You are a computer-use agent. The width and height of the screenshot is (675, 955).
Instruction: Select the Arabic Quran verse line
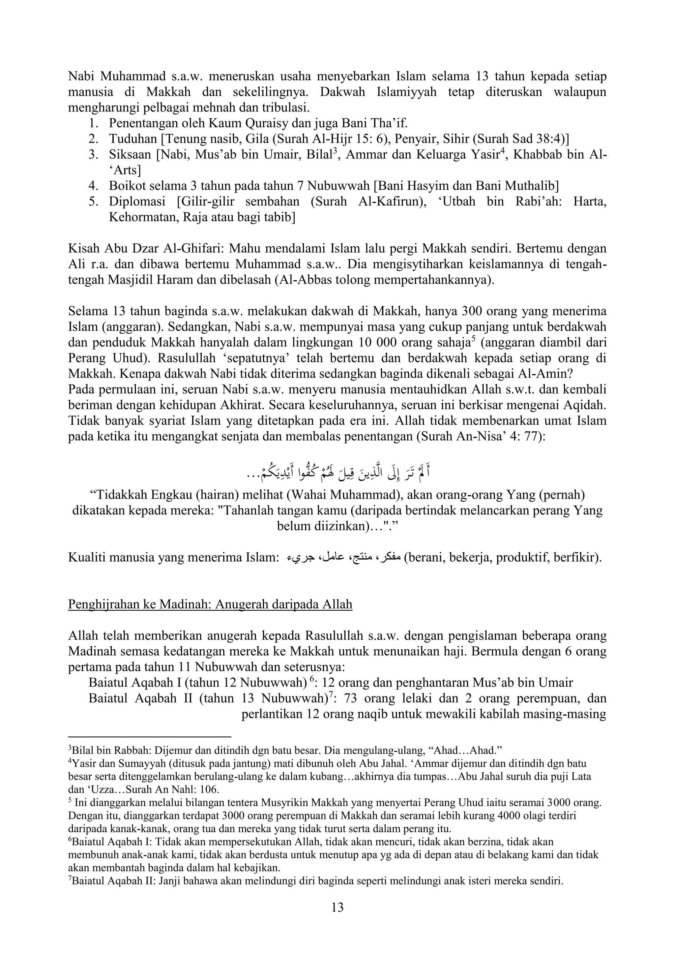pos(337,473)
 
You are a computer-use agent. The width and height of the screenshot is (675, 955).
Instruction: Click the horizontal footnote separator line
pos(149,736)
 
